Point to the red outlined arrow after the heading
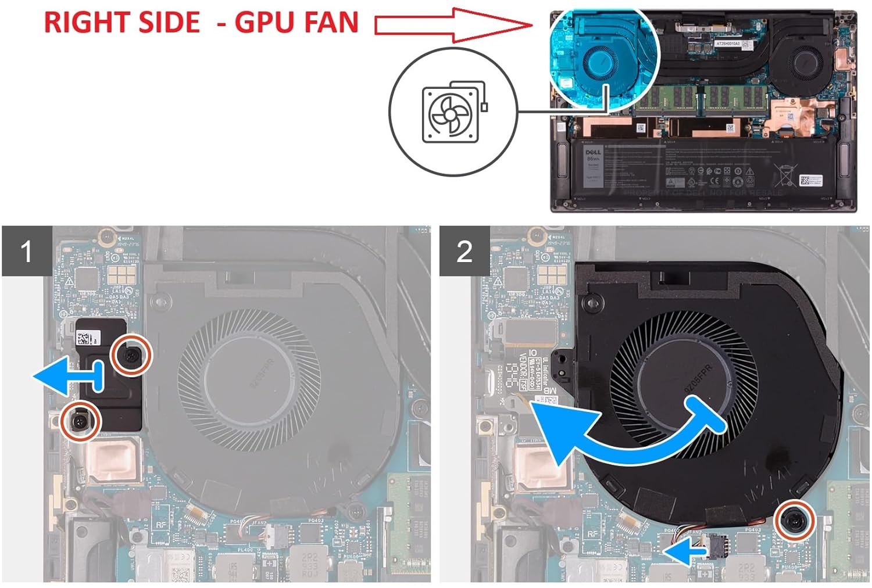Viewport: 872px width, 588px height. (x=453, y=25)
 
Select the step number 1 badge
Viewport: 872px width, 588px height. (x=26, y=252)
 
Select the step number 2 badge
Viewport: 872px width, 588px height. (x=464, y=252)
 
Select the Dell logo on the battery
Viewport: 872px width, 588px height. (x=593, y=152)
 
